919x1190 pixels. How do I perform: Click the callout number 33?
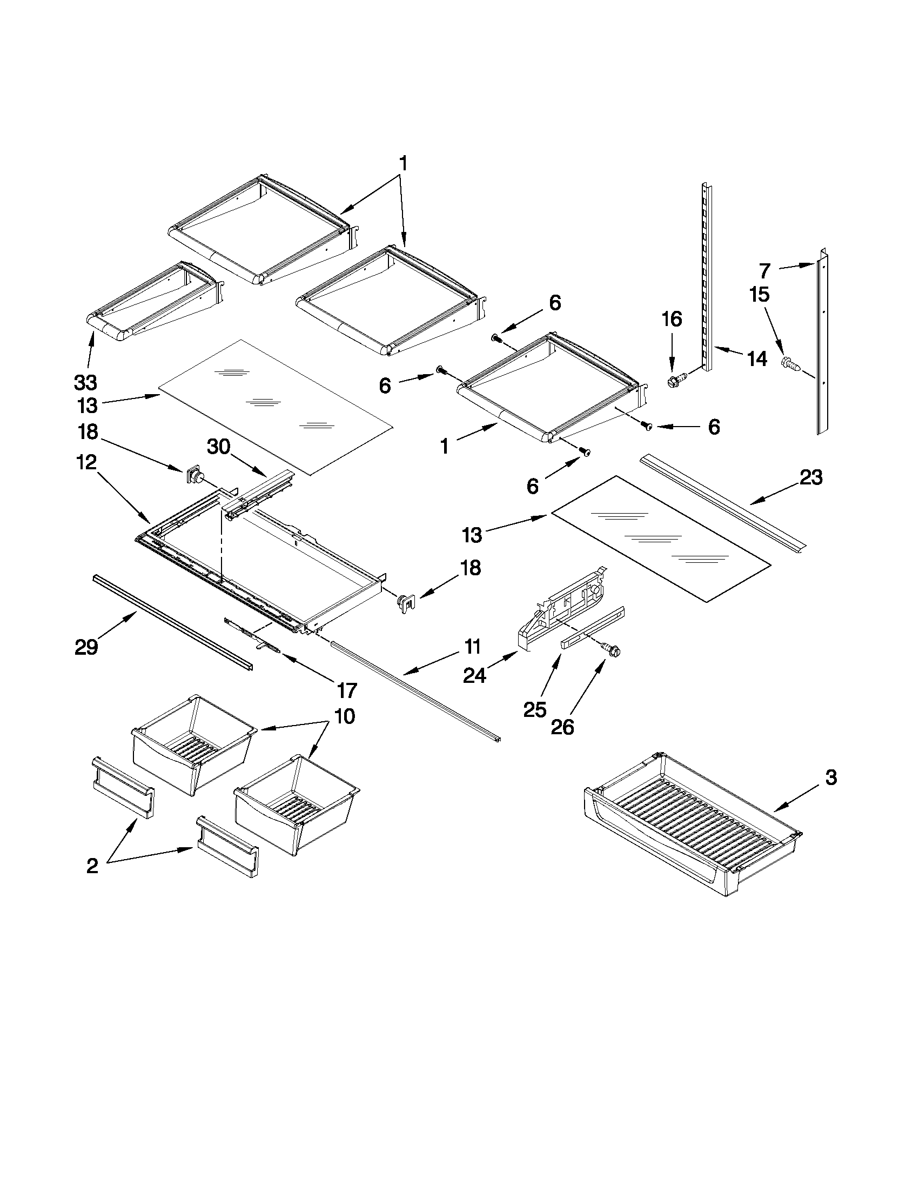[85, 382]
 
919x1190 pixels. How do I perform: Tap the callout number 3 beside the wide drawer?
[830, 777]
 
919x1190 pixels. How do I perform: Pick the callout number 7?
[765, 270]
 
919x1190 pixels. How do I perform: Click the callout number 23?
[810, 477]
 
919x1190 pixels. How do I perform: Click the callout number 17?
[346, 690]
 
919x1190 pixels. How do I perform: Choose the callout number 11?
[472, 647]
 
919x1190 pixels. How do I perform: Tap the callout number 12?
[86, 463]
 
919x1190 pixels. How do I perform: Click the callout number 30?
[218, 447]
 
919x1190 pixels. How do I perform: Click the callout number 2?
[92, 866]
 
